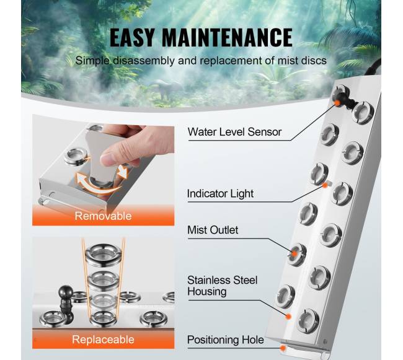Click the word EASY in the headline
pyautogui.click(x=132, y=38)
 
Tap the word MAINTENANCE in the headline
pyautogui.click(x=227, y=38)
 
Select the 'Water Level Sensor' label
pyautogui.click(x=234, y=132)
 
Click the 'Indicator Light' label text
pyautogui.click(x=220, y=193)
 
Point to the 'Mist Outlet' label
pyautogui.click(x=213, y=230)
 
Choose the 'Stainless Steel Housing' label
pyautogui.click(x=223, y=286)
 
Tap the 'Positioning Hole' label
pyautogui.click(x=226, y=340)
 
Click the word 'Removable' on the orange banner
pyautogui.click(x=103, y=216)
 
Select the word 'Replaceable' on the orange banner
pyautogui.click(x=103, y=340)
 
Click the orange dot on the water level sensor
pyautogui.click(x=337, y=102)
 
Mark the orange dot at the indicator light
pyautogui.click(x=325, y=185)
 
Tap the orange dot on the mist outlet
pyautogui.click(x=294, y=253)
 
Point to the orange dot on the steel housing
pyautogui.click(x=288, y=317)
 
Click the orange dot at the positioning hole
pyautogui.click(x=283, y=348)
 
